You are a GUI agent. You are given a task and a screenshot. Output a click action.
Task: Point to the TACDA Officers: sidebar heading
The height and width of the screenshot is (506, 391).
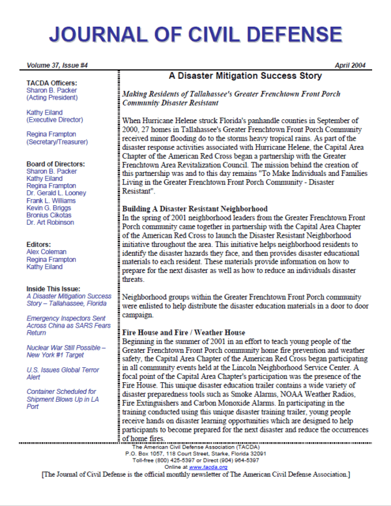click(51, 83)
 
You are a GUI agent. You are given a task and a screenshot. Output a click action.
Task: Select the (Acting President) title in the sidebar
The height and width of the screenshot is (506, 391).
click(51, 98)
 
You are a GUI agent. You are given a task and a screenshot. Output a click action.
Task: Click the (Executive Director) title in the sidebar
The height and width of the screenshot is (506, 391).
click(55, 120)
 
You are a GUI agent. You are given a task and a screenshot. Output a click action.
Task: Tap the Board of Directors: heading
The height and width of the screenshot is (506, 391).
click(56, 164)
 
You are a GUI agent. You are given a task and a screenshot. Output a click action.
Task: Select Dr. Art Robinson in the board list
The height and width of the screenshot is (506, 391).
click(51, 223)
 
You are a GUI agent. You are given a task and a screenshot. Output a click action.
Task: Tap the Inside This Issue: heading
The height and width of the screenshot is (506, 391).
click(55, 289)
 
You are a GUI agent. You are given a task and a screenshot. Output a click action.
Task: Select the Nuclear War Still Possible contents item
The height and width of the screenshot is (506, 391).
click(65, 352)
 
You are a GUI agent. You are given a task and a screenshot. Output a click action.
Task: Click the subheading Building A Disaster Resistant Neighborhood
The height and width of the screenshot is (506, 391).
click(195, 209)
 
